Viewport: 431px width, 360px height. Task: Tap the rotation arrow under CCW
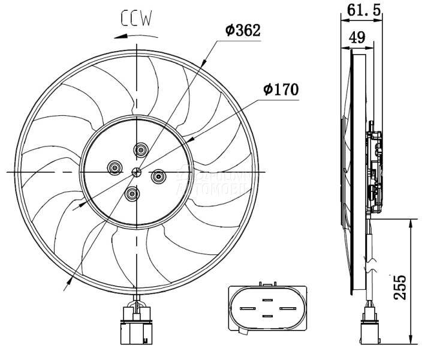click(131, 35)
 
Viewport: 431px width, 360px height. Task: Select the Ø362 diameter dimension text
click(243, 30)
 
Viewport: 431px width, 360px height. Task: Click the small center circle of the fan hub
click(137, 173)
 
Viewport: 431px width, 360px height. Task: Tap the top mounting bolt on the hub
click(141, 150)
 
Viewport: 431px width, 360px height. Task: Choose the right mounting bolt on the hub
click(159, 176)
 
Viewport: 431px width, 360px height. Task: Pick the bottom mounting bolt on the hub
click(132, 194)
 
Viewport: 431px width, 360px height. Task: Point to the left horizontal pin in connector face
click(247, 309)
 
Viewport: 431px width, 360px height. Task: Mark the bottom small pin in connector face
click(267, 316)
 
